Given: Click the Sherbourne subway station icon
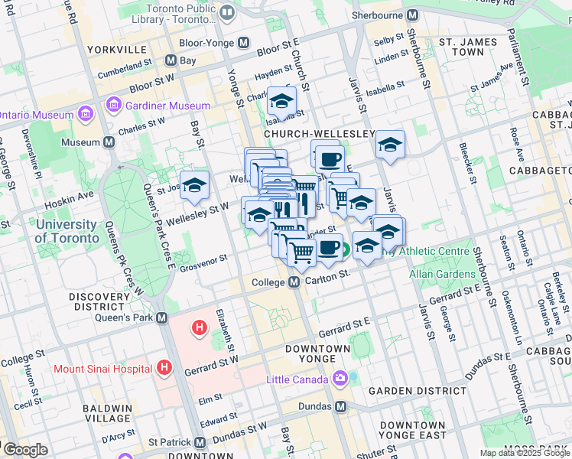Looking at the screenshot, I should [x=412, y=15].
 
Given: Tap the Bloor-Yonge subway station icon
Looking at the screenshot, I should [x=245, y=44].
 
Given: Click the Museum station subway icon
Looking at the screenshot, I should [x=109, y=142].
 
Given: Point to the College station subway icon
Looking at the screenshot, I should [x=294, y=283].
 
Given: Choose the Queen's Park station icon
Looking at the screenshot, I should [x=161, y=317].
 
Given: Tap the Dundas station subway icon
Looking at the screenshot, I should [x=341, y=406].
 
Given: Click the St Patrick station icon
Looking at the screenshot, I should [x=200, y=442].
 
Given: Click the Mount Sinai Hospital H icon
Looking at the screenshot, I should [x=163, y=368].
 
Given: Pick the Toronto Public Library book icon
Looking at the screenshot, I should [x=227, y=13].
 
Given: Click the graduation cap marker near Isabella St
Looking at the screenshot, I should [x=281, y=101].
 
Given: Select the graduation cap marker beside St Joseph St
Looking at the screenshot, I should [x=194, y=184].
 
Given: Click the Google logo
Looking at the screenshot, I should [x=25, y=450].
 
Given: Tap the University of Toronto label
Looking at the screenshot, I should [x=67, y=231].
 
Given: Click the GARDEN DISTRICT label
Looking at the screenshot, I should [x=417, y=390].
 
